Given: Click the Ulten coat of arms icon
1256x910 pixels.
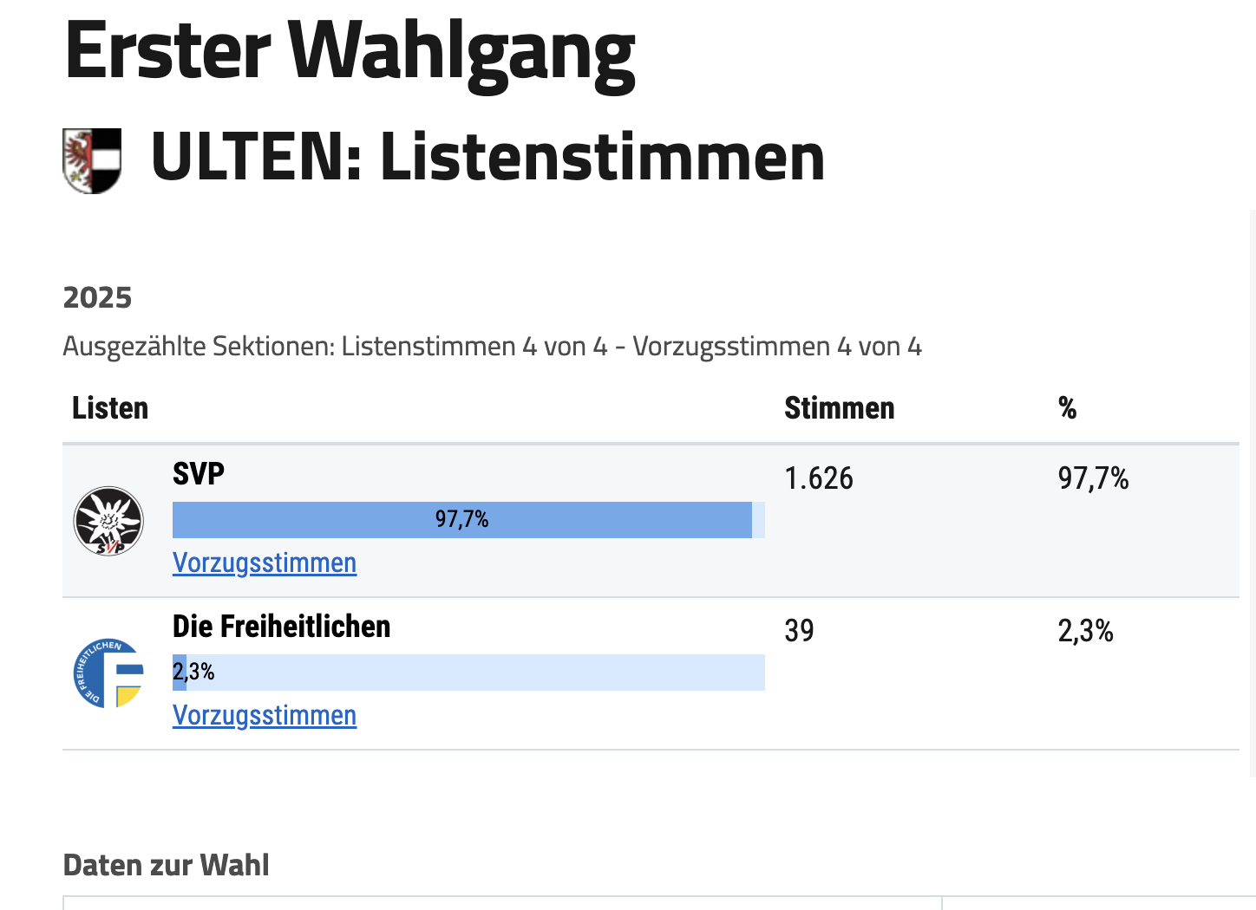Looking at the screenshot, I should (x=92, y=160).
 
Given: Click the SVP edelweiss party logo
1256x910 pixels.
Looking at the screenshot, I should (x=108, y=521).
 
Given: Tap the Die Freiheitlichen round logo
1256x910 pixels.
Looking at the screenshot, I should (x=108, y=673).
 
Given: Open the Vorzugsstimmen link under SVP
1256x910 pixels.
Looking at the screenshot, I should (x=265, y=563).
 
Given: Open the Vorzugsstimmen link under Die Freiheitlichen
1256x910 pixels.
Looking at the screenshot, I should (x=265, y=716).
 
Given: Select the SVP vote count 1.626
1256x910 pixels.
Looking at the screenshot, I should (x=818, y=478).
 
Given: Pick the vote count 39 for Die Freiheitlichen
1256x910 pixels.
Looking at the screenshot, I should (x=799, y=631).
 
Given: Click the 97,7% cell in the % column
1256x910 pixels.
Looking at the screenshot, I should (x=1093, y=478).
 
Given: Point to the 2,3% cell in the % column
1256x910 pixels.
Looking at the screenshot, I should (x=1085, y=631).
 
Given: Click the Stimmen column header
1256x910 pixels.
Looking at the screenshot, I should (x=839, y=408).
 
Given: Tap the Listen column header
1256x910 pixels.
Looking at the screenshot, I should (x=110, y=408).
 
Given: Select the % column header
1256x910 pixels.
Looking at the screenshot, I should (x=1067, y=408).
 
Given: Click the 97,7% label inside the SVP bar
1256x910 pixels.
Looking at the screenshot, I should (x=461, y=519).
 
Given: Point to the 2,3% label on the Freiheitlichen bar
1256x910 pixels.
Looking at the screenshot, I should (x=193, y=672).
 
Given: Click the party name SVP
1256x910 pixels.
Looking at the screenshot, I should (x=199, y=474).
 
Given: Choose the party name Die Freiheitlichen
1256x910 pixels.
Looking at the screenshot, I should (x=281, y=627).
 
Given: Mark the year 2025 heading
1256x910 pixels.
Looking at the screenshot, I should (x=97, y=298).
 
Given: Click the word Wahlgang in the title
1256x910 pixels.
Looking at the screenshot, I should (x=461, y=52).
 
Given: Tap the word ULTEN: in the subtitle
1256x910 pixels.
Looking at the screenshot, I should (x=256, y=158).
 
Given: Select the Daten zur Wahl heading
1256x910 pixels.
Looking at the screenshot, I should (x=166, y=865).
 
